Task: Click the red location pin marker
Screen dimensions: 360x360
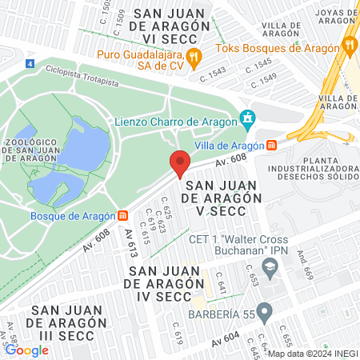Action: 180,164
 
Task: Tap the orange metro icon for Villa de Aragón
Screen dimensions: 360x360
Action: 272,146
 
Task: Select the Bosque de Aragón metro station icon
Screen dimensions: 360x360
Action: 122,215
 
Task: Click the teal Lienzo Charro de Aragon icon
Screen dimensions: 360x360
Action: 249,121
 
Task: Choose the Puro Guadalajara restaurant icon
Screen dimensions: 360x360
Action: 193,56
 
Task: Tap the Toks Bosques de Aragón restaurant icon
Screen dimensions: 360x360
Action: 347,45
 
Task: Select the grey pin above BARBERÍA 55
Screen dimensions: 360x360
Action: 266,309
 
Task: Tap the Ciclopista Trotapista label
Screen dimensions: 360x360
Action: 82,76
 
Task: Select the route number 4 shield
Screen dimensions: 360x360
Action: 30,62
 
